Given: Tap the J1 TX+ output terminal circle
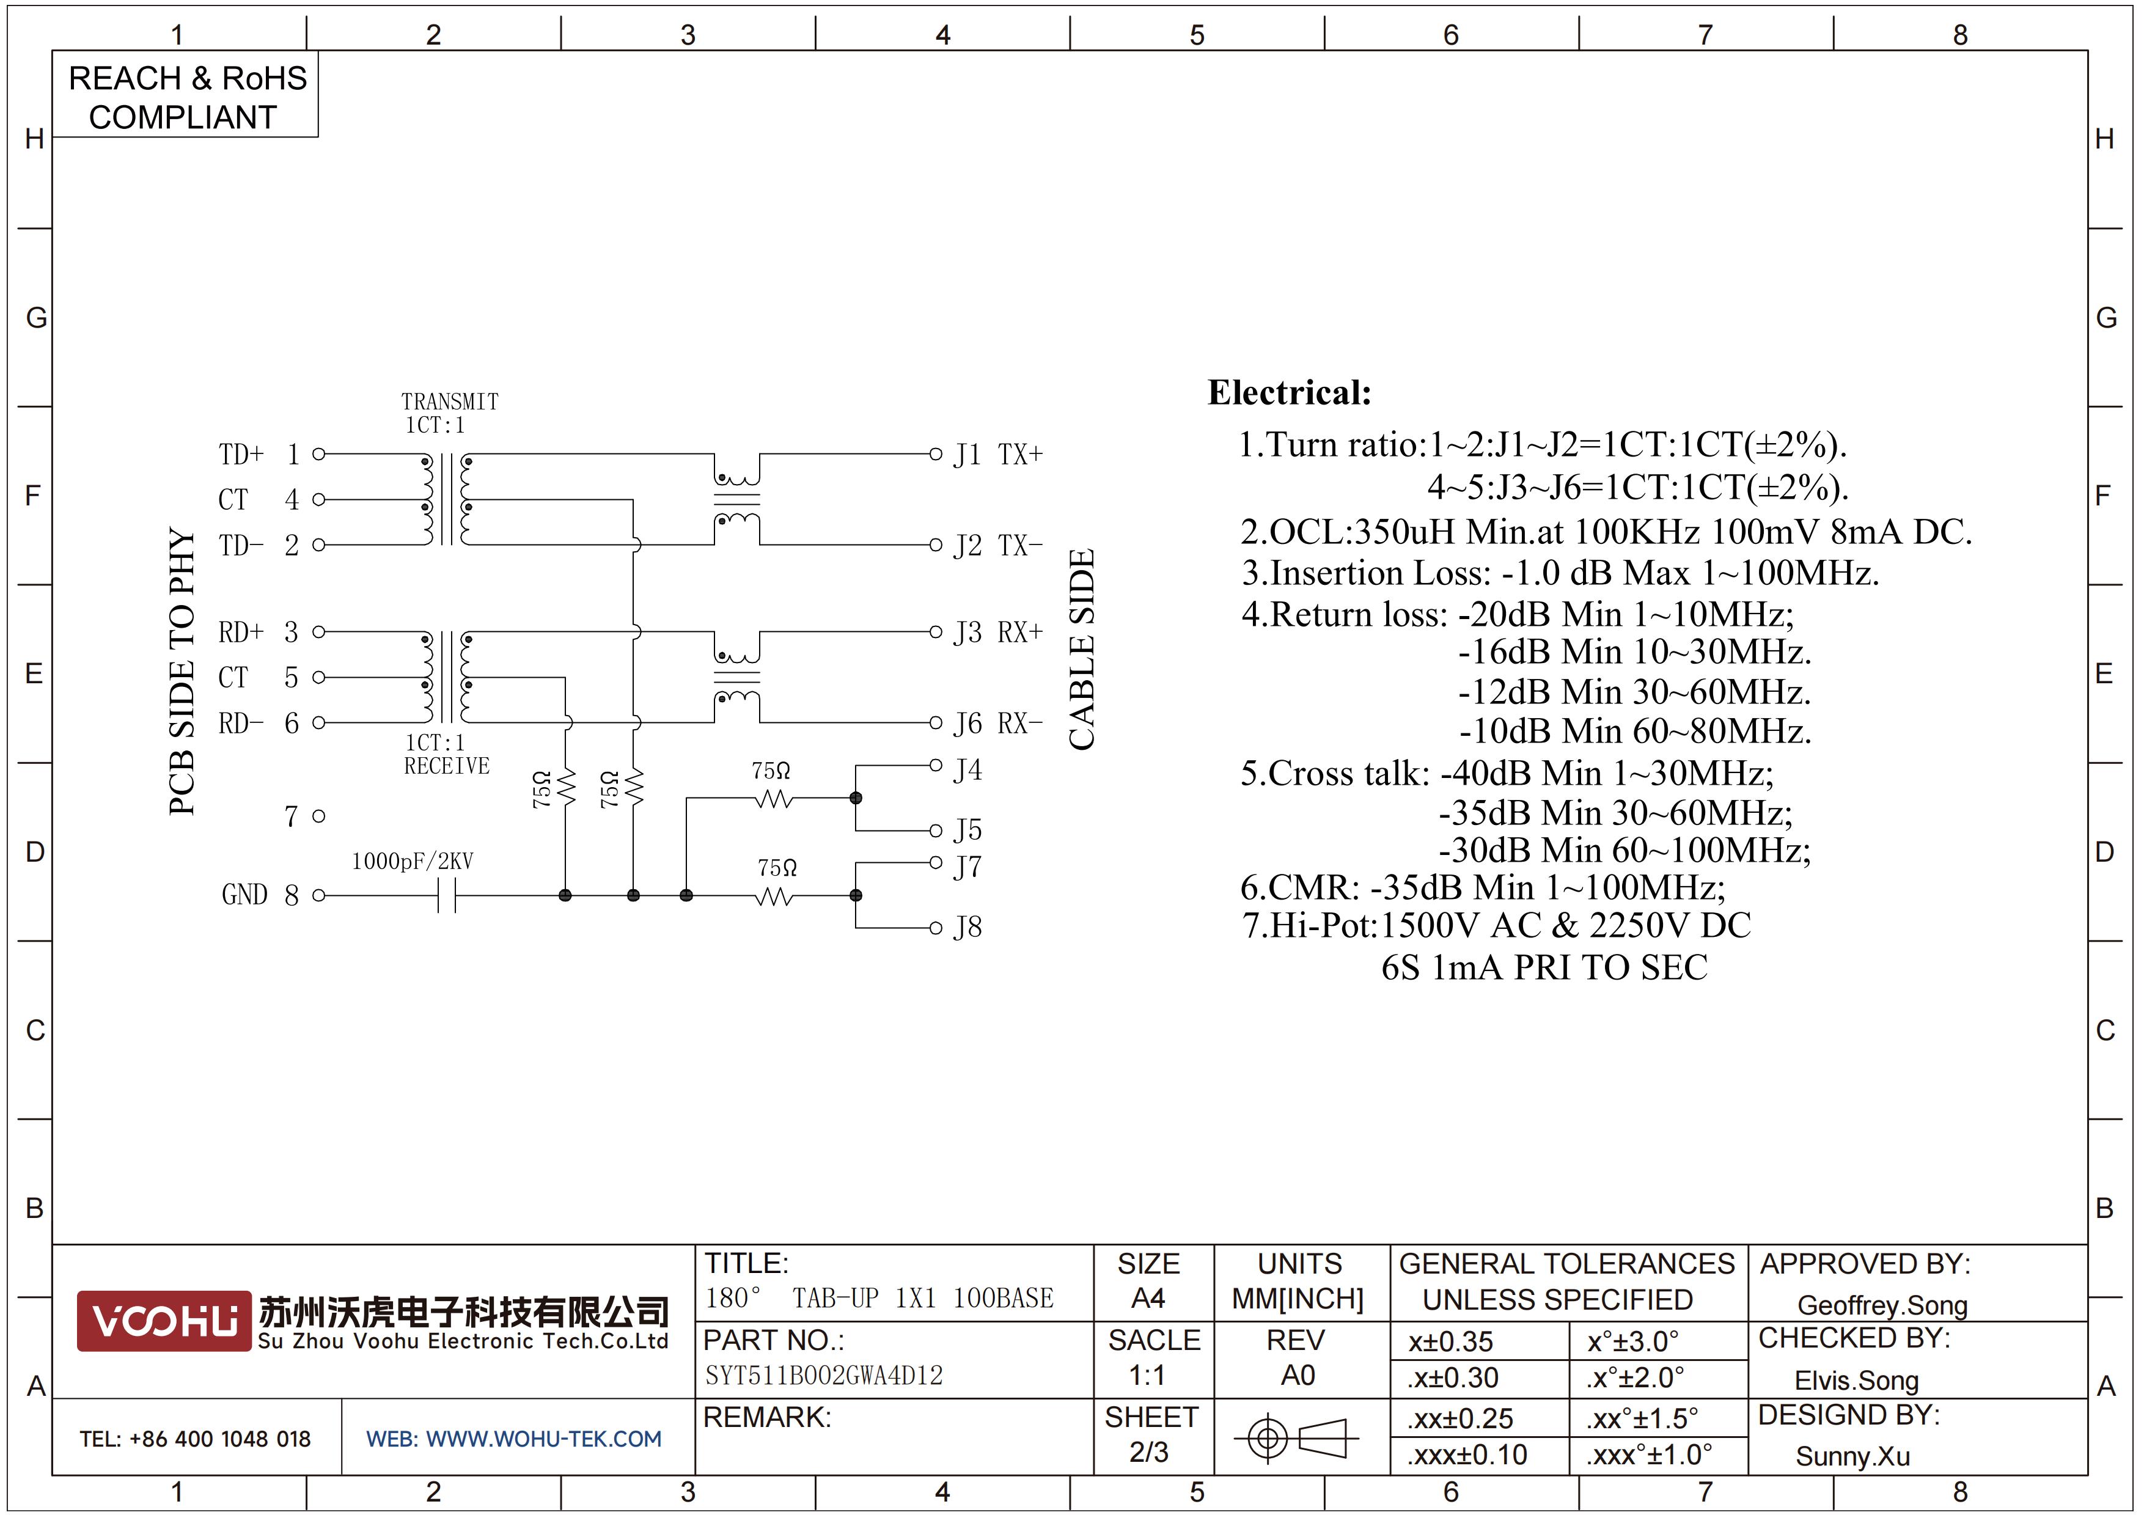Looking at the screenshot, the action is coord(934,455).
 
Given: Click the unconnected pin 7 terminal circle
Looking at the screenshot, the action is coord(318,816).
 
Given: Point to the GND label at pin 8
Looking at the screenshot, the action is coord(244,895).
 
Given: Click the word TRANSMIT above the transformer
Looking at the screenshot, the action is coord(450,402).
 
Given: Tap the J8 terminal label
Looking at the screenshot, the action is coord(968,927).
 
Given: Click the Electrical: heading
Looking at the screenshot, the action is coord(1290,392).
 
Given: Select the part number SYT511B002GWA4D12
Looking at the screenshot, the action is coord(824,1375).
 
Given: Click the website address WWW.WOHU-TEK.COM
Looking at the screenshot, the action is coord(543,1439).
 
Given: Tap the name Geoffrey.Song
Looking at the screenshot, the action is coord(1882,1305).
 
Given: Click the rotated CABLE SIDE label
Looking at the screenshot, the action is coord(1081,650).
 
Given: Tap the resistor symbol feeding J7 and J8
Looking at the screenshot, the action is coord(774,896).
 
